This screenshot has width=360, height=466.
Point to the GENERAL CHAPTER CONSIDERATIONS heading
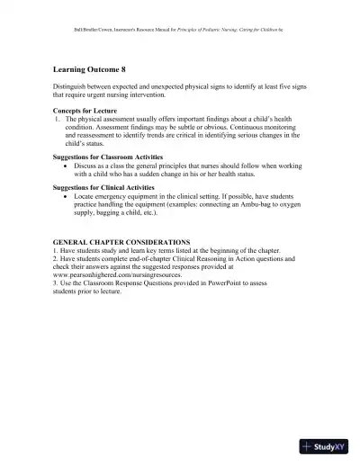click(x=121, y=242)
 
